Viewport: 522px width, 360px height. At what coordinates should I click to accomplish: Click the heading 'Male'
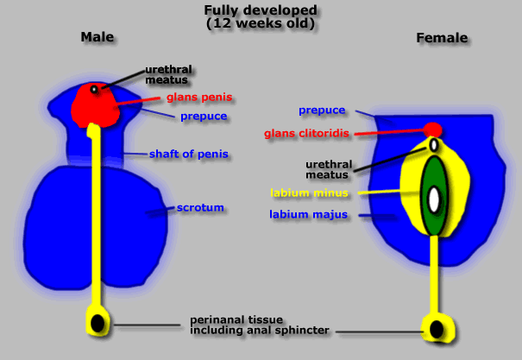pyautogui.click(x=97, y=37)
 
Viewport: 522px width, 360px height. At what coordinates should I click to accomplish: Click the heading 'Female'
pyautogui.click(x=442, y=38)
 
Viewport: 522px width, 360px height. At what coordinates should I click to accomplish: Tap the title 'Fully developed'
pyautogui.click(x=261, y=10)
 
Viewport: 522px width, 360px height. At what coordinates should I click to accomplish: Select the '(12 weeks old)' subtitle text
pyautogui.click(x=261, y=23)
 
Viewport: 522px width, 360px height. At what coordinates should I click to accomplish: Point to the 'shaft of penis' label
pyautogui.click(x=192, y=154)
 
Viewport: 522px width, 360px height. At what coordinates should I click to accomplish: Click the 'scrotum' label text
pyautogui.click(x=200, y=208)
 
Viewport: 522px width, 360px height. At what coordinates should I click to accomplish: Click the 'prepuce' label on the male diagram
pyautogui.click(x=204, y=116)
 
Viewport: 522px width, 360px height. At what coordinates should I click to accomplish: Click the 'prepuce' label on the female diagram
pyautogui.click(x=322, y=111)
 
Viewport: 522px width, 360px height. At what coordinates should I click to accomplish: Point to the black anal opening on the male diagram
pyautogui.click(x=98, y=323)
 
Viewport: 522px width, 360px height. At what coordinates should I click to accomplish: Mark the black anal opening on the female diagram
pyautogui.click(x=437, y=329)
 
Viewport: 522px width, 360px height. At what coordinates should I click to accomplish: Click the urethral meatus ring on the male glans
pyautogui.click(x=94, y=89)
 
